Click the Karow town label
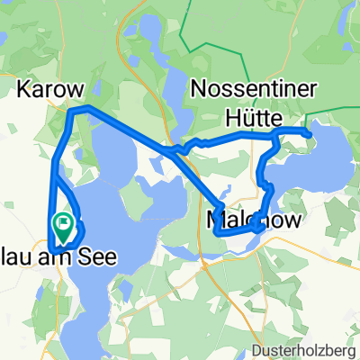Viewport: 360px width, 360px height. (x=52, y=90)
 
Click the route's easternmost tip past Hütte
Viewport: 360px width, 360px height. (x=310, y=135)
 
